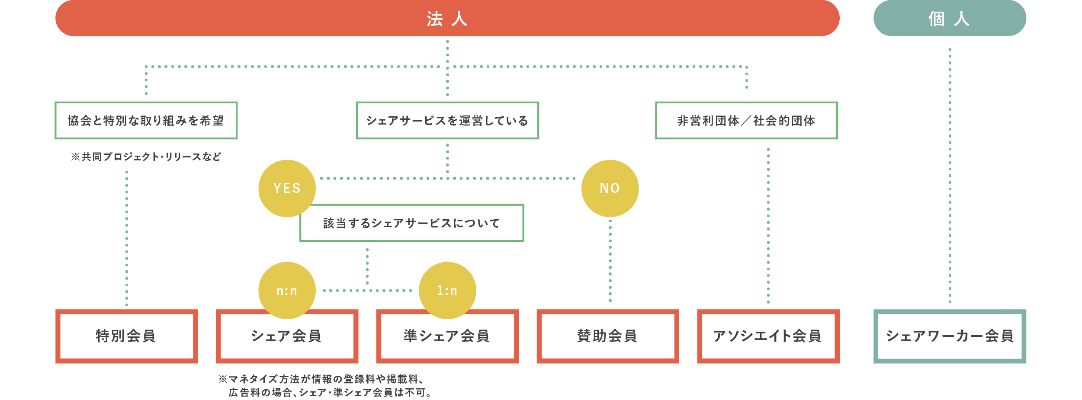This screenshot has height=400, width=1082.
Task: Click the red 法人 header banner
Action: [447, 18]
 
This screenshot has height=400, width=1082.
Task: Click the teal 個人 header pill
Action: [949, 18]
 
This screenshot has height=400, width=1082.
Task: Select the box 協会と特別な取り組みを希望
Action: [146, 120]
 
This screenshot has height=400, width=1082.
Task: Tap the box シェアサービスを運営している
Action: [447, 120]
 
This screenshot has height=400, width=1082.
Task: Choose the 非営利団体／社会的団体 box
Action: [746, 120]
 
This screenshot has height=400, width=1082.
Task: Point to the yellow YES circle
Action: [286, 188]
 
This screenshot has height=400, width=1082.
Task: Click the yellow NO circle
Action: [610, 188]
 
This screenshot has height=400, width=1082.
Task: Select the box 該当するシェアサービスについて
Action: [411, 223]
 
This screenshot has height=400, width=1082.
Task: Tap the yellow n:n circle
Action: [286, 290]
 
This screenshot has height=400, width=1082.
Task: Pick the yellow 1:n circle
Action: [447, 290]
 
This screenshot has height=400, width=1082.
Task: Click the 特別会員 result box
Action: [126, 336]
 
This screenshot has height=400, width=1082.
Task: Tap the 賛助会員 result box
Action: [607, 336]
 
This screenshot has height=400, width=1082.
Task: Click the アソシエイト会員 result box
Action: [767, 336]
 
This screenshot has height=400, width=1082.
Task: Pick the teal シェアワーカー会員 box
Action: [949, 336]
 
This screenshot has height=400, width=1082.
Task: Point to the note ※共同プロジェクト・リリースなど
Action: [146, 157]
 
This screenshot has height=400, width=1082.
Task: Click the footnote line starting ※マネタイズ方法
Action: [321, 379]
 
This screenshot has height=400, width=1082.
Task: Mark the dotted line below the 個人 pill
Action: [950, 173]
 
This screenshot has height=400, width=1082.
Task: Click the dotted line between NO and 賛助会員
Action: [610, 259]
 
